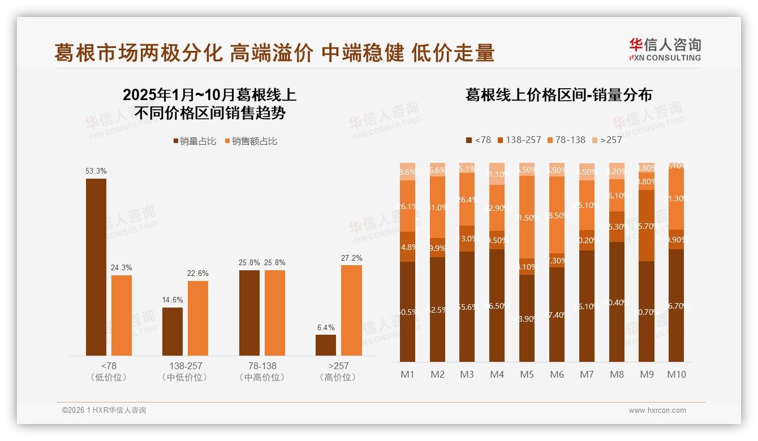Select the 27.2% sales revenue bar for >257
[351, 310]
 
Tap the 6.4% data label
[326, 327]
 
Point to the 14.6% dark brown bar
[173, 331]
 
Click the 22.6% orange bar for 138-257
[198, 318]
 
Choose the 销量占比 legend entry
[194, 141]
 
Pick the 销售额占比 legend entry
[251, 141]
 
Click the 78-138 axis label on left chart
[262, 366]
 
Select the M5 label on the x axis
[527, 374]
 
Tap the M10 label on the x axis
[676, 374]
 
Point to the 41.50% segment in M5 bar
[527, 217]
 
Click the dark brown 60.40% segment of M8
[617, 302]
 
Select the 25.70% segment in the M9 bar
[646, 226]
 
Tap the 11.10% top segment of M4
[497, 174]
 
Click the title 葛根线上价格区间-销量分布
[558, 95]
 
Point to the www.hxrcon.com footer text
[657, 410]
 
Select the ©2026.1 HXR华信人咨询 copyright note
[104, 410]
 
